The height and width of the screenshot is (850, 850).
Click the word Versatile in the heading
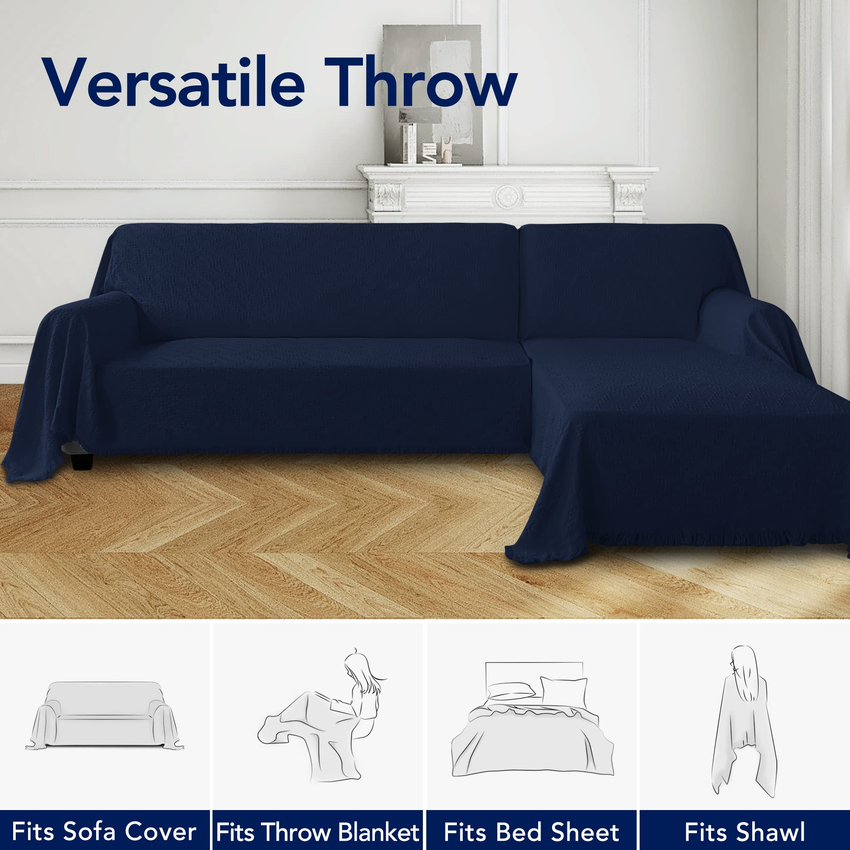click(x=174, y=82)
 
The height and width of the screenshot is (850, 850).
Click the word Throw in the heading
click(x=420, y=82)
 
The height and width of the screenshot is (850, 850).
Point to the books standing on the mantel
click(x=409, y=143)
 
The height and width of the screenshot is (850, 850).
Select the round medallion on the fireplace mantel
click(x=509, y=197)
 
